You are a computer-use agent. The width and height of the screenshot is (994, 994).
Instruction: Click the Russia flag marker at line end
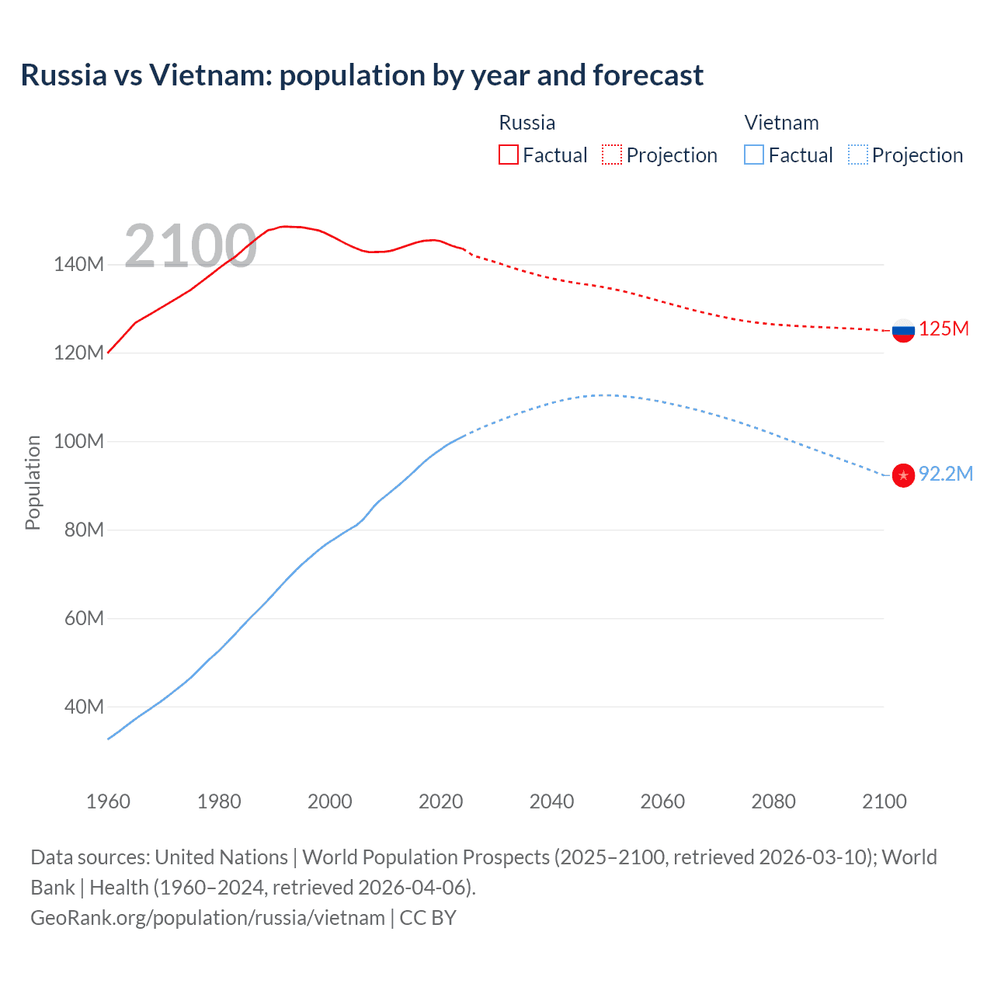click(x=903, y=330)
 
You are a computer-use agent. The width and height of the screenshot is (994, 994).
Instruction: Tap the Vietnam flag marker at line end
click(x=903, y=474)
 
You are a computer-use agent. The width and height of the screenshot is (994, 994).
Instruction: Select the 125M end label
click(x=944, y=328)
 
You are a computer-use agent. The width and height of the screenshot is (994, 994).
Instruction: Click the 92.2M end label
click(x=945, y=474)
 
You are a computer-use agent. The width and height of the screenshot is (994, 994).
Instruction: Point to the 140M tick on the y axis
click(x=78, y=265)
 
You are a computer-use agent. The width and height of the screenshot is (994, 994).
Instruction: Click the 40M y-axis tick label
click(x=84, y=707)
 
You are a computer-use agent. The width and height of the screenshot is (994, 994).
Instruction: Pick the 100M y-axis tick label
click(x=78, y=442)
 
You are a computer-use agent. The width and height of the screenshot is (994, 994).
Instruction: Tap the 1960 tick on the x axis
click(x=108, y=801)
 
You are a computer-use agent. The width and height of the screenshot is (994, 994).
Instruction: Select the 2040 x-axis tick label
click(x=551, y=801)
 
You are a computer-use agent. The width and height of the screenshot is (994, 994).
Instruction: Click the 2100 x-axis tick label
click(x=884, y=801)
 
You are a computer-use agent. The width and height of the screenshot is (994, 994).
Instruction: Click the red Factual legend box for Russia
click(x=509, y=155)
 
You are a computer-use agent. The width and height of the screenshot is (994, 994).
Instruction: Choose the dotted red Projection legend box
click(x=612, y=155)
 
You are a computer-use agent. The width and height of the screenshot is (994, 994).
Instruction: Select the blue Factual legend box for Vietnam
click(x=754, y=155)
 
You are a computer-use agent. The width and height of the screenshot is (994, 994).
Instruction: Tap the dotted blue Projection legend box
click(x=857, y=155)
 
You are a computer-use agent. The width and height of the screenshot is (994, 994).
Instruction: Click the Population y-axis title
click(x=33, y=482)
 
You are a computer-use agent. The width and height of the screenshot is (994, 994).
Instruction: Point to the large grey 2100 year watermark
click(x=190, y=246)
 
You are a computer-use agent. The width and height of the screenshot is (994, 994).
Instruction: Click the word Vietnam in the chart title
click(x=210, y=75)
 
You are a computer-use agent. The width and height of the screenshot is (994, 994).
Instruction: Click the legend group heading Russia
click(x=527, y=123)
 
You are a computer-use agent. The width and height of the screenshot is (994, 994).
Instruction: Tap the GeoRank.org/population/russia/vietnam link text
click(x=207, y=918)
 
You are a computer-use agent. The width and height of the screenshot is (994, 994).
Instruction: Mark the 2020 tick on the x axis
click(x=440, y=801)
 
